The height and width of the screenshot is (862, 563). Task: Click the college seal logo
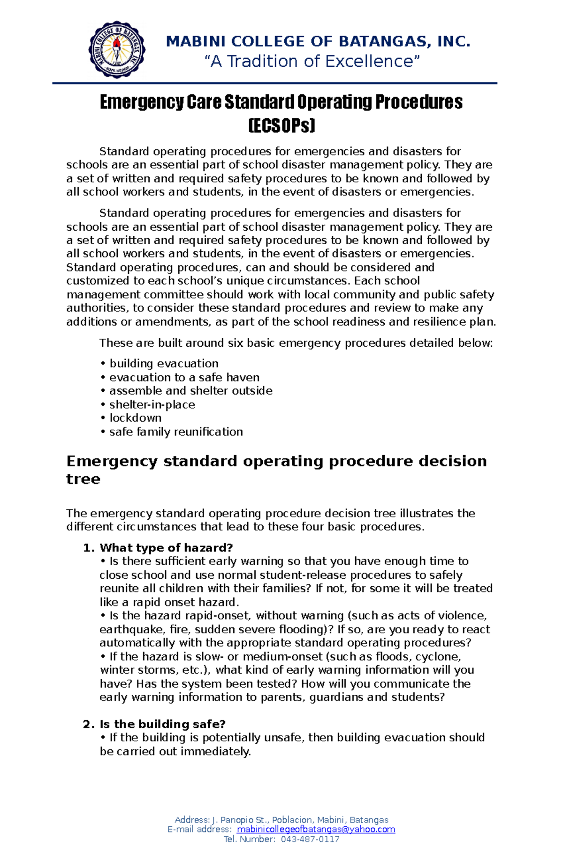(x=117, y=50)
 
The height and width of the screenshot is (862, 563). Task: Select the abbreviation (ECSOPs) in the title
(x=281, y=125)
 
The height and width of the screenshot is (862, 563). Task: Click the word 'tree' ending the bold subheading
(x=83, y=479)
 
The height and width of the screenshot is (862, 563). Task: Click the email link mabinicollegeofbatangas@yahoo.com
(x=316, y=830)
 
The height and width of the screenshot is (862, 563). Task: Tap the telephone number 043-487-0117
(x=310, y=839)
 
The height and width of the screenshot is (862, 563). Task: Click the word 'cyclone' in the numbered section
(x=441, y=657)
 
